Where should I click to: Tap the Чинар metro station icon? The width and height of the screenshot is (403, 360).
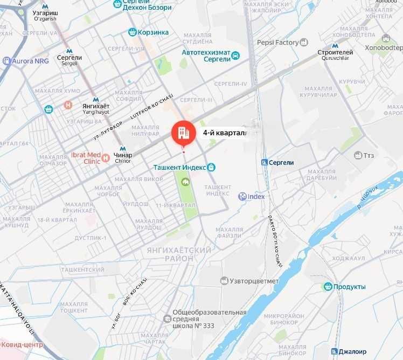[123, 149]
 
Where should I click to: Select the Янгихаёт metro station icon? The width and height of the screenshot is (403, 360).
[96, 99]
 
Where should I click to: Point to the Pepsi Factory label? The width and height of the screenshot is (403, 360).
[277, 43]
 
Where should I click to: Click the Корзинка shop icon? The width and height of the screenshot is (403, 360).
[132, 32]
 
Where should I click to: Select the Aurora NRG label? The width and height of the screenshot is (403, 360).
[30, 61]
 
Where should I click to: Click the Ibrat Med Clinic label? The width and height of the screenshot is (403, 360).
[86, 158]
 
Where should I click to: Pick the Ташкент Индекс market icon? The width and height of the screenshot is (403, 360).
[212, 168]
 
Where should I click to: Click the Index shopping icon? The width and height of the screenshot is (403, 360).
[242, 197]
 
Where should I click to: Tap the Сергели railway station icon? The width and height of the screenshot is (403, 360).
[264, 162]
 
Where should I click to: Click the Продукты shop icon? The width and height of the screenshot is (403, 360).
[328, 287]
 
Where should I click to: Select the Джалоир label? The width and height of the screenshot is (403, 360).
[352, 351]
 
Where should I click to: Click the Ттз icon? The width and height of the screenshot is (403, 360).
[358, 155]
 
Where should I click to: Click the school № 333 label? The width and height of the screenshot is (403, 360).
[209, 319]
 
